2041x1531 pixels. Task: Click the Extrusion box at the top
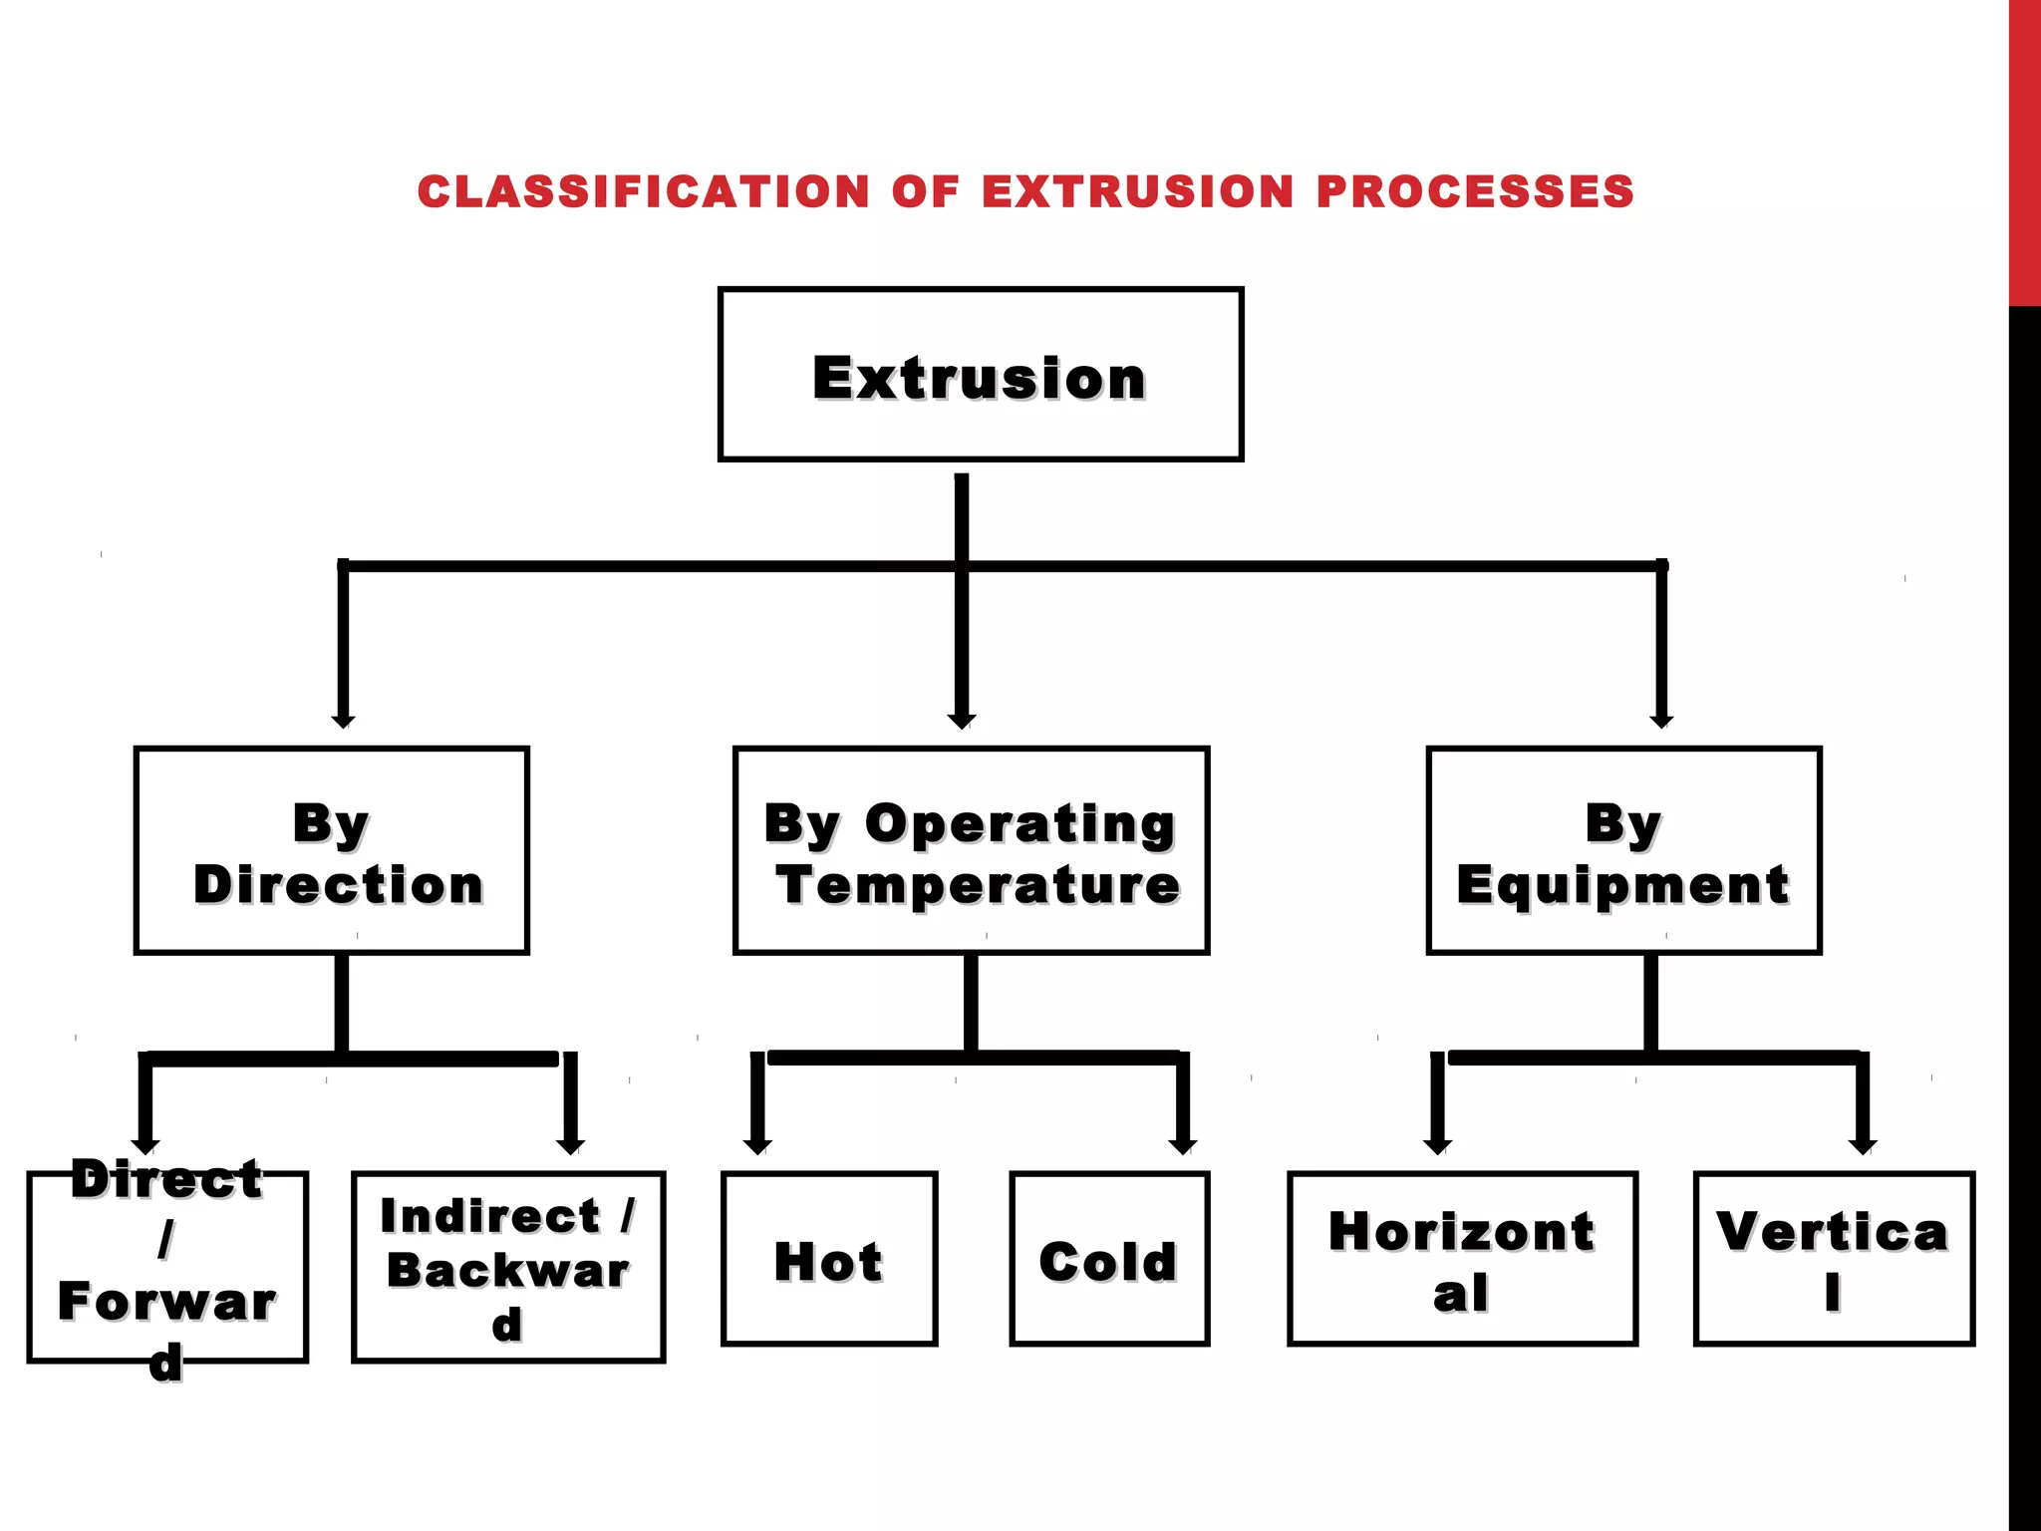[980, 375]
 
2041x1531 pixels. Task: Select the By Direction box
[331, 850]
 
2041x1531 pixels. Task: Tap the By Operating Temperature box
[971, 850]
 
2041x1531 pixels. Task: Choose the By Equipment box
[1622, 850]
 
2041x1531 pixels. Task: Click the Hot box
[828, 1259]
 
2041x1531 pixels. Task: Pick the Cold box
[1108, 1259]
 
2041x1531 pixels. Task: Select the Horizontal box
[1461, 1259]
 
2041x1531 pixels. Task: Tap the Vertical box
[1833, 1259]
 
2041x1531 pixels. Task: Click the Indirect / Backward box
[507, 1266]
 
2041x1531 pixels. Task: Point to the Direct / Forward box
[166, 1266]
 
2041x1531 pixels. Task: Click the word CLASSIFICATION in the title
[644, 191]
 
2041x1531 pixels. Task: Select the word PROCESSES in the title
[1475, 191]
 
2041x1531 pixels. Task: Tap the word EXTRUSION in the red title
[1137, 191]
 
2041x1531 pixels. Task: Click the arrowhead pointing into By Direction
[343, 721]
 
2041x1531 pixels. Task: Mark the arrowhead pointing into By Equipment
[1661, 721]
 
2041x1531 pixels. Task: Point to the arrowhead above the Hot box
[757, 1146]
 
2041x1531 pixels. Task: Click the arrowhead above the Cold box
[1182, 1146]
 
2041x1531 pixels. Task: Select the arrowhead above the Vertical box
[1862, 1146]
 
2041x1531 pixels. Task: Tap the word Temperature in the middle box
[978, 885]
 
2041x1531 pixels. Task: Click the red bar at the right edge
[2024, 150]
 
